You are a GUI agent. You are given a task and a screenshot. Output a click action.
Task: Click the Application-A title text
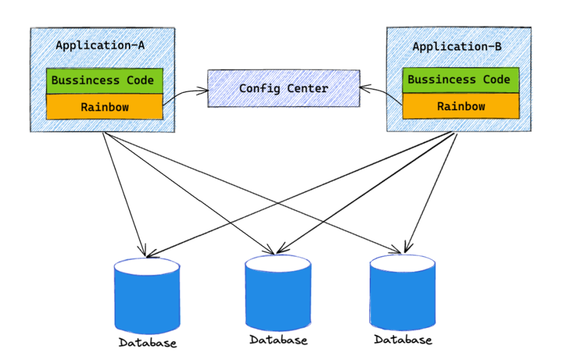[100, 45]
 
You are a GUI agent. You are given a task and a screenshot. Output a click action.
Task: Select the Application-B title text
[457, 46]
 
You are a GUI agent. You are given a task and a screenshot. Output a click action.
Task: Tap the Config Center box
[283, 88]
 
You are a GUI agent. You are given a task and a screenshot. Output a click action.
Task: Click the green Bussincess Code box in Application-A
[102, 81]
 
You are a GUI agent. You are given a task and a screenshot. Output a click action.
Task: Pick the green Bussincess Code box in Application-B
[459, 80]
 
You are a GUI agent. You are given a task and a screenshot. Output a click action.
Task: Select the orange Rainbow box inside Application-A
[105, 107]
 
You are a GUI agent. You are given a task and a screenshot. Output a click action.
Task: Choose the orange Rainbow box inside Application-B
[461, 106]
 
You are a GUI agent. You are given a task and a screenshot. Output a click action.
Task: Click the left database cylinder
[147, 295]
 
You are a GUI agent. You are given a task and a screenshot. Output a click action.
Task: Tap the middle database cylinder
[277, 293]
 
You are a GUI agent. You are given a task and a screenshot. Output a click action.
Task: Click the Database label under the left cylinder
[147, 343]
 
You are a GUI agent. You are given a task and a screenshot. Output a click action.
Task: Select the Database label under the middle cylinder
[278, 340]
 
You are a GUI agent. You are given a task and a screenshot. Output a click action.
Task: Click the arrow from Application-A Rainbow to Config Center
[184, 94]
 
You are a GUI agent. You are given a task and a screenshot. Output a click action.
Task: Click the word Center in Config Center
[307, 88]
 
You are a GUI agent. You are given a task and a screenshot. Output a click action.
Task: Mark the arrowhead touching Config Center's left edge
[203, 91]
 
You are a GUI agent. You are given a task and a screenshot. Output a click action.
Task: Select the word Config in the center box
[259, 88]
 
